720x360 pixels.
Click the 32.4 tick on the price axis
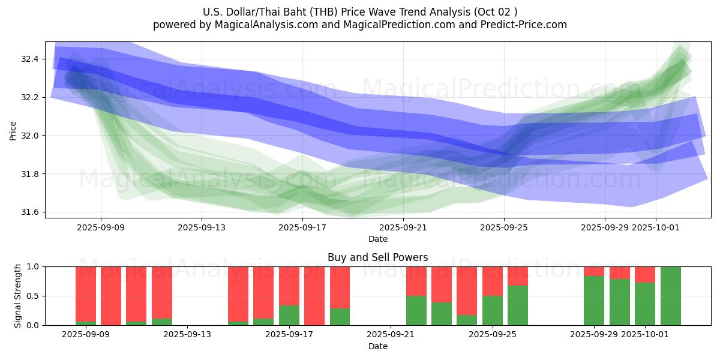pos(30,59)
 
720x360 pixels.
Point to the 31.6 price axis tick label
pos(30,212)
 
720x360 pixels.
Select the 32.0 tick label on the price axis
pos(30,136)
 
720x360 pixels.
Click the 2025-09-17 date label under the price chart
pos(302,227)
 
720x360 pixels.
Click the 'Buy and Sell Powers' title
pos(377,257)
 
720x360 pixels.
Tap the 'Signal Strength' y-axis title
pos(18,295)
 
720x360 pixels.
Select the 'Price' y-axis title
pos(13,130)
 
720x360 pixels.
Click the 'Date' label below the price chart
pos(377,239)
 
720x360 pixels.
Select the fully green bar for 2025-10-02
pos(670,296)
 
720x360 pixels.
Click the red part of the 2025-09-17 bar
pos(289,286)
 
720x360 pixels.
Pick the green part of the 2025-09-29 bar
pos(594,301)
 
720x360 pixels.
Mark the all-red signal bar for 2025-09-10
pos(111,296)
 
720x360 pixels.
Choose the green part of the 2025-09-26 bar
pos(518,305)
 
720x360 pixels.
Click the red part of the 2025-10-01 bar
pos(645,275)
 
